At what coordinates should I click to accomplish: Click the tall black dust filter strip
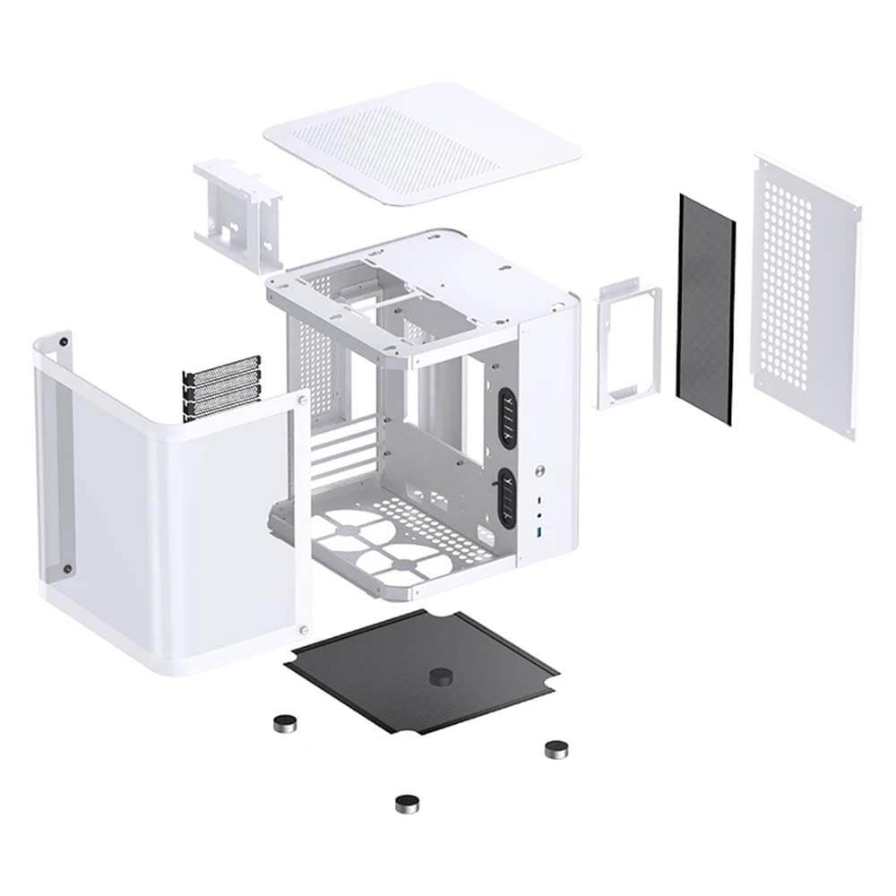pyautogui.click(x=705, y=309)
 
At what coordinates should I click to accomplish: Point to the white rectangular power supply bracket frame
pyautogui.click(x=627, y=345)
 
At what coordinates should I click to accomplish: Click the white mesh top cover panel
pyautogui.click(x=421, y=143)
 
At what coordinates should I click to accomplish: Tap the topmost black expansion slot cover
pyautogui.click(x=222, y=366)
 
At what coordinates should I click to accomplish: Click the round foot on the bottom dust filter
pyautogui.click(x=441, y=676)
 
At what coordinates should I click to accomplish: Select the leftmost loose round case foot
pyautogui.click(x=285, y=722)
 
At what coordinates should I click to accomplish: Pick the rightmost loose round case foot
pyautogui.click(x=557, y=747)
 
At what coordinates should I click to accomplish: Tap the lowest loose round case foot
pyautogui.click(x=408, y=802)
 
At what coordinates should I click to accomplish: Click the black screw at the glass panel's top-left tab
pyautogui.click(x=65, y=340)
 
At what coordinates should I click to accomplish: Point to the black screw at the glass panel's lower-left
pyautogui.click(x=66, y=568)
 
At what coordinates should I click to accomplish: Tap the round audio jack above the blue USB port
pyautogui.click(x=540, y=517)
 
